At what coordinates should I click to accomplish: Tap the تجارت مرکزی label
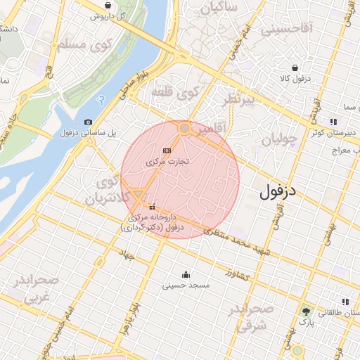(x=168, y=162)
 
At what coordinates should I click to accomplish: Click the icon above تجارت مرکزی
(x=167, y=150)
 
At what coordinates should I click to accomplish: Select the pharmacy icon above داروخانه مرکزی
(x=153, y=206)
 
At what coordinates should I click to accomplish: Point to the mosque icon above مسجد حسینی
(x=186, y=274)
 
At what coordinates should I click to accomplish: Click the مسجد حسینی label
(x=184, y=285)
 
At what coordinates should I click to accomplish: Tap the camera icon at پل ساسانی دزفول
(x=88, y=122)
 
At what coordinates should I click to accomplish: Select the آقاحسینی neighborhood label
(x=284, y=30)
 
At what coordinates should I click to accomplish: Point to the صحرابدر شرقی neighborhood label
(x=250, y=318)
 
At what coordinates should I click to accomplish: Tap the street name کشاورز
(x=238, y=274)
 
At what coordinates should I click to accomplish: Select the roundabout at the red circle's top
(x=184, y=128)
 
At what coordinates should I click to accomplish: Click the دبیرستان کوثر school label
(x=335, y=131)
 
